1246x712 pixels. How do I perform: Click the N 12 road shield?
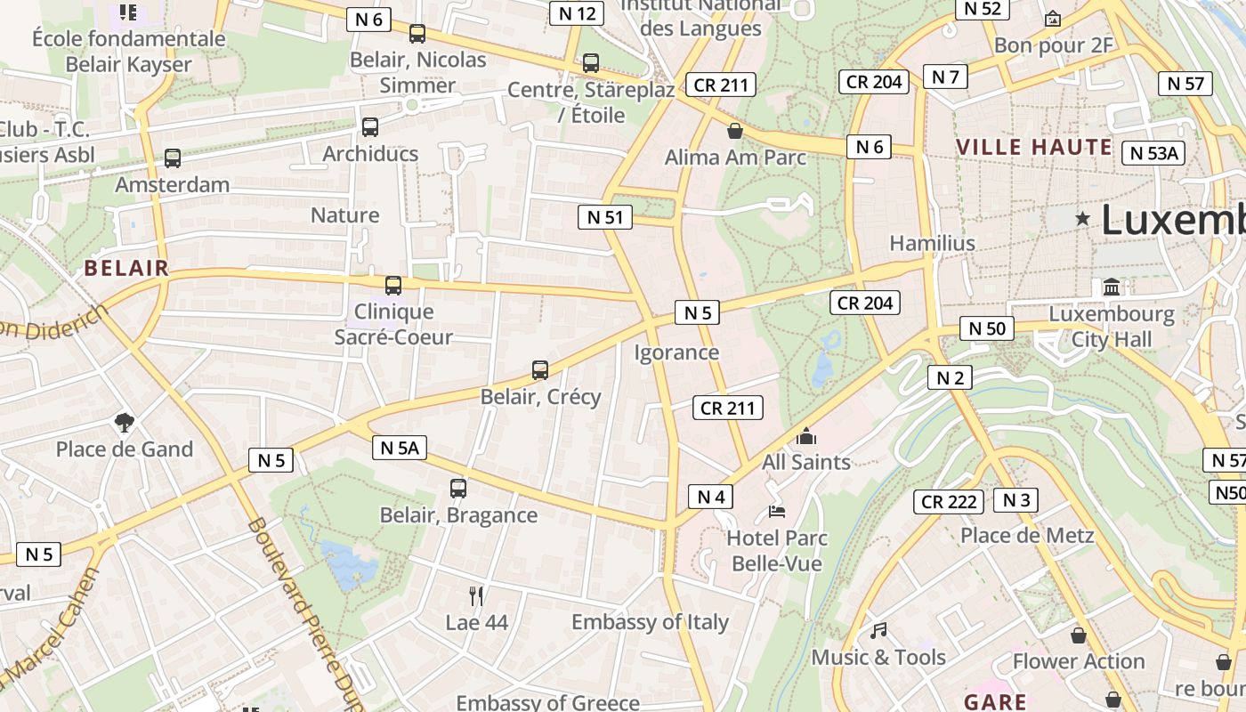pyautogui.click(x=576, y=13)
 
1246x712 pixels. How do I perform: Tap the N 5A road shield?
pyautogui.click(x=400, y=448)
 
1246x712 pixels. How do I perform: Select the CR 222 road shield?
pyautogui.click(x=949, y=502)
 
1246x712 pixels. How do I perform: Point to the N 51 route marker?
pyautogui.click(x=605, y=217)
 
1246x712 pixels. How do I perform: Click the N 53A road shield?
pyautogui.click(x=1153, y=153)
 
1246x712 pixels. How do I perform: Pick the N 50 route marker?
pyautogui.click(x=987, y=328)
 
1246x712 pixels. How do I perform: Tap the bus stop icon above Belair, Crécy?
pyautogui.click(x=539, y=370)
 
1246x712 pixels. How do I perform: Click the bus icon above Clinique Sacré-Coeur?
pyautogui.click(x=392, y=286)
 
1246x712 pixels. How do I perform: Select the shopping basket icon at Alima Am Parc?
pyautogui.click(x=735, y=132)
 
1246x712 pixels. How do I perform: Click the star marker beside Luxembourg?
pyautogui.click(x=1082, y=218)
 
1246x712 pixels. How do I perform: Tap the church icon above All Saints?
pyautogui.click(x=806, y=436)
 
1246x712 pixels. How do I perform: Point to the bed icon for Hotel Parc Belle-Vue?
pyautogui.click(x=777, y=512)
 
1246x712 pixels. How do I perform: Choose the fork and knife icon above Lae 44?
pyautogui.click(x=476, y=596)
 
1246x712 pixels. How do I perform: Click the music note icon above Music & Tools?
pyautogui.click(x=878, y=631)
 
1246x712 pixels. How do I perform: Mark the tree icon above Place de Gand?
pyautogui.click(x=124, y=422)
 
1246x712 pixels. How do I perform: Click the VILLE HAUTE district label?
pyautogui.click(x=1034, y=148)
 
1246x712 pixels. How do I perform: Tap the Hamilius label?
pyautogui.click(x=932, y=243)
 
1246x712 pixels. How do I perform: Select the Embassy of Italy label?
pyautogui.click(x=650, y=622)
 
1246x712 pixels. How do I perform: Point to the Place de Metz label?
pyautogui.click(x=1026, y=536)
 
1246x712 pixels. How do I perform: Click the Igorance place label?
pyautogui.click(x=676, y=352)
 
